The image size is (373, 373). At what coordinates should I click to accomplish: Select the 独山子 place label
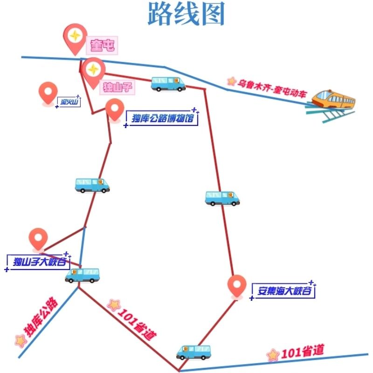tap(114, 86)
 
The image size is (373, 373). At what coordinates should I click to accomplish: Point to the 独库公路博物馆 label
tap(162, 117)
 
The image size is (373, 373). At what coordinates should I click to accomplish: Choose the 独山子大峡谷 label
tap(39, 262)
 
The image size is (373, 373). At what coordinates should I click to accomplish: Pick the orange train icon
tap(333, 99)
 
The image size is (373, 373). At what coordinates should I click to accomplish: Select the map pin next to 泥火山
tap(48, 93)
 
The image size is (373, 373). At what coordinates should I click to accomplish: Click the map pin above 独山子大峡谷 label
tap(38, 239)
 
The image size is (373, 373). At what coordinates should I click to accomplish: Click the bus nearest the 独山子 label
tap(168, 84)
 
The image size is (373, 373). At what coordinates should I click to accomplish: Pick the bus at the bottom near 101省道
tap(193, 352)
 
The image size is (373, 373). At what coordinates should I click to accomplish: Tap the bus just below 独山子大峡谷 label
tap(83, 276)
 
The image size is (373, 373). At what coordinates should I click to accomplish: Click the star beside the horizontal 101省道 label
tap(273, 355)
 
